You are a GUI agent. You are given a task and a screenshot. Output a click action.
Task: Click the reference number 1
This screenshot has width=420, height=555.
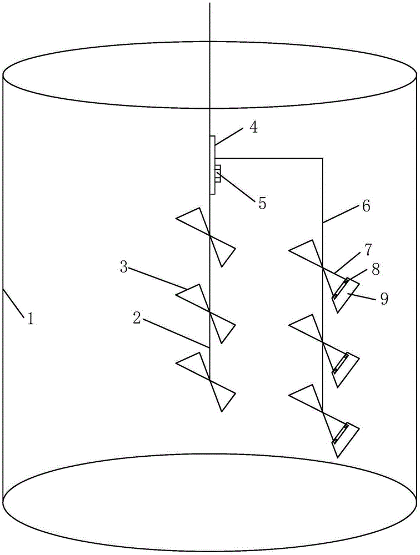[x=31, y=319]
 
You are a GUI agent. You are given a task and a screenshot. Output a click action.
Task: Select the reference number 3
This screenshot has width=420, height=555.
[x=124, y=268]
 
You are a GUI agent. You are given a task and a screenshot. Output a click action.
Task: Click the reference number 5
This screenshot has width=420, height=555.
[x=262, y=203]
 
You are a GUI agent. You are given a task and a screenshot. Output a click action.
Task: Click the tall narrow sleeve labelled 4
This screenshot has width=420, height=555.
[x=212, y=165]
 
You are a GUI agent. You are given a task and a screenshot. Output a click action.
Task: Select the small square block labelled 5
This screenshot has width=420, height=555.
[x=218, y=173]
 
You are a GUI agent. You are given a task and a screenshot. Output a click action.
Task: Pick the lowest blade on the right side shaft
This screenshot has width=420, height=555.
[x=322, y=418]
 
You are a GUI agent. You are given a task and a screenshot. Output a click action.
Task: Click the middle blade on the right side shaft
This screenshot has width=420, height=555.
[x=322, y=347]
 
